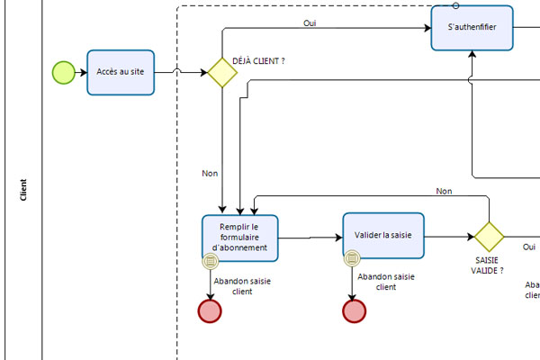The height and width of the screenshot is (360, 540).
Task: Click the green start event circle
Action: point(63,72)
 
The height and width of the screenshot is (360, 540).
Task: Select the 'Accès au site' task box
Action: point(121,72)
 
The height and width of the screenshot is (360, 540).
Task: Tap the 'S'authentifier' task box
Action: point(472,28)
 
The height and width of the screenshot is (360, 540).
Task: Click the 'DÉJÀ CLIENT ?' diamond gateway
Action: point(222,73)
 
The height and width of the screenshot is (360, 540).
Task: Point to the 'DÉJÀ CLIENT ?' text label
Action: point(258,60)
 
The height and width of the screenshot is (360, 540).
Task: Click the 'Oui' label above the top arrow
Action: point(310,22)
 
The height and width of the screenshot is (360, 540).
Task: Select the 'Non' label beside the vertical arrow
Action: point(210,173)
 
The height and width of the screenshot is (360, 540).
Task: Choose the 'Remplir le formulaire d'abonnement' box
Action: point(239,237)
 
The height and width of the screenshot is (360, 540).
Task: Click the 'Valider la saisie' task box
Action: point(382,236)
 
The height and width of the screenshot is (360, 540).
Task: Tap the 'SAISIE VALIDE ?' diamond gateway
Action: point(489,237)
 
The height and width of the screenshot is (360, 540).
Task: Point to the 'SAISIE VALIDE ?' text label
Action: point(487,265)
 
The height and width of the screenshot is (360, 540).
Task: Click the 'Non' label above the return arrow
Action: point(444,191)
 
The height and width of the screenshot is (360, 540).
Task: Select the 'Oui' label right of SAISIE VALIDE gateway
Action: point(529,247)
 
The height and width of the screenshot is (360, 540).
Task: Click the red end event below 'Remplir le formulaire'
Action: point(210,310)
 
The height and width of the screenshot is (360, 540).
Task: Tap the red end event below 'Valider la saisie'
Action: point(355,310)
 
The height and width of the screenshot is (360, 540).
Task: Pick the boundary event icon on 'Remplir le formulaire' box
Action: point(210,261)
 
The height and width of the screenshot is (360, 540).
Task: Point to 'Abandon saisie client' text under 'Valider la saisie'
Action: point(385,282)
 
